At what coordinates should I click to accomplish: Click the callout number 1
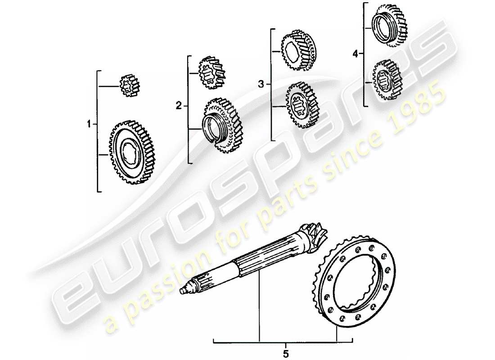click(89, 123)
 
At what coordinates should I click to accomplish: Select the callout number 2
click(179, 106)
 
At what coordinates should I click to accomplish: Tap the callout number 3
click(261, 84)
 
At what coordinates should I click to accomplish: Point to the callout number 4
click(355, 54)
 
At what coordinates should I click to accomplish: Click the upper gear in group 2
click(211, 71)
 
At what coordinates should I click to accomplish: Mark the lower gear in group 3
click(301, 106)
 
